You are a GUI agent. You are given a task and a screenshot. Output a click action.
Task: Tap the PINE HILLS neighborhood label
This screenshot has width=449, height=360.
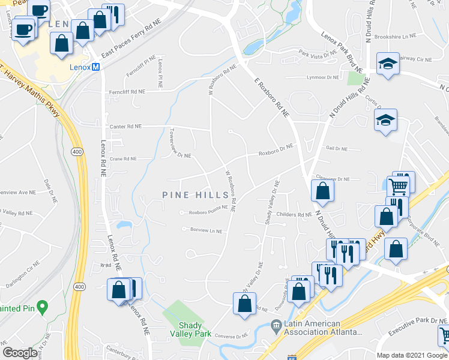[x=196, y=195]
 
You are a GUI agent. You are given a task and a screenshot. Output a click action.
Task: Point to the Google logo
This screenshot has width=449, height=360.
[x=21, y=353]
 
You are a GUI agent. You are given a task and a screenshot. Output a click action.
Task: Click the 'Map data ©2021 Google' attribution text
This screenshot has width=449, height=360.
[x=411, y=355]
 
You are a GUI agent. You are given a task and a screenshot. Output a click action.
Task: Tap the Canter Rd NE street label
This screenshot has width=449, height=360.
[x=125, y=127]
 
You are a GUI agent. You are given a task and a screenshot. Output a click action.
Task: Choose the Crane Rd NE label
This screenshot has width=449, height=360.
[x=122, y=160]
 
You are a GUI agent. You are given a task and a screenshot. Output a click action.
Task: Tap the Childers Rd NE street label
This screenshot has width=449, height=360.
[x=294, y=214]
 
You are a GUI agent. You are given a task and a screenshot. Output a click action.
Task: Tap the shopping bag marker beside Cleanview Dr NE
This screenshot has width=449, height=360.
[x=323, y=191]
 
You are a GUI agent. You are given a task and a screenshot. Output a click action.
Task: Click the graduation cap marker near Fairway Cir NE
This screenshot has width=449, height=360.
[x=388, y=64]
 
